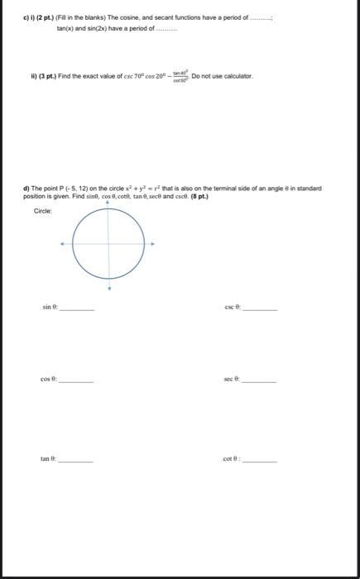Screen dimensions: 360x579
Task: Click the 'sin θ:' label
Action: (49, 307)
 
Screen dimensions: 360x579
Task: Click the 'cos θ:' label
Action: (48, 380)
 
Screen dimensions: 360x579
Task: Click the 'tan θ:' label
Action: (48, 457)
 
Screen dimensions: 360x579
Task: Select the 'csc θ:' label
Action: (232, 307)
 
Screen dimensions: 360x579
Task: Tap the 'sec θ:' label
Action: (231, 380)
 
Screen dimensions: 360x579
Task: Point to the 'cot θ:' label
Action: (232, 457)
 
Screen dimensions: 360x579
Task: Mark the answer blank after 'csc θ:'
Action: (260, 309)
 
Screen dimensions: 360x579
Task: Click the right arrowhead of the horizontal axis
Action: (152, 243)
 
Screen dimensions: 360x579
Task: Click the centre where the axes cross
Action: (107, 243)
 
